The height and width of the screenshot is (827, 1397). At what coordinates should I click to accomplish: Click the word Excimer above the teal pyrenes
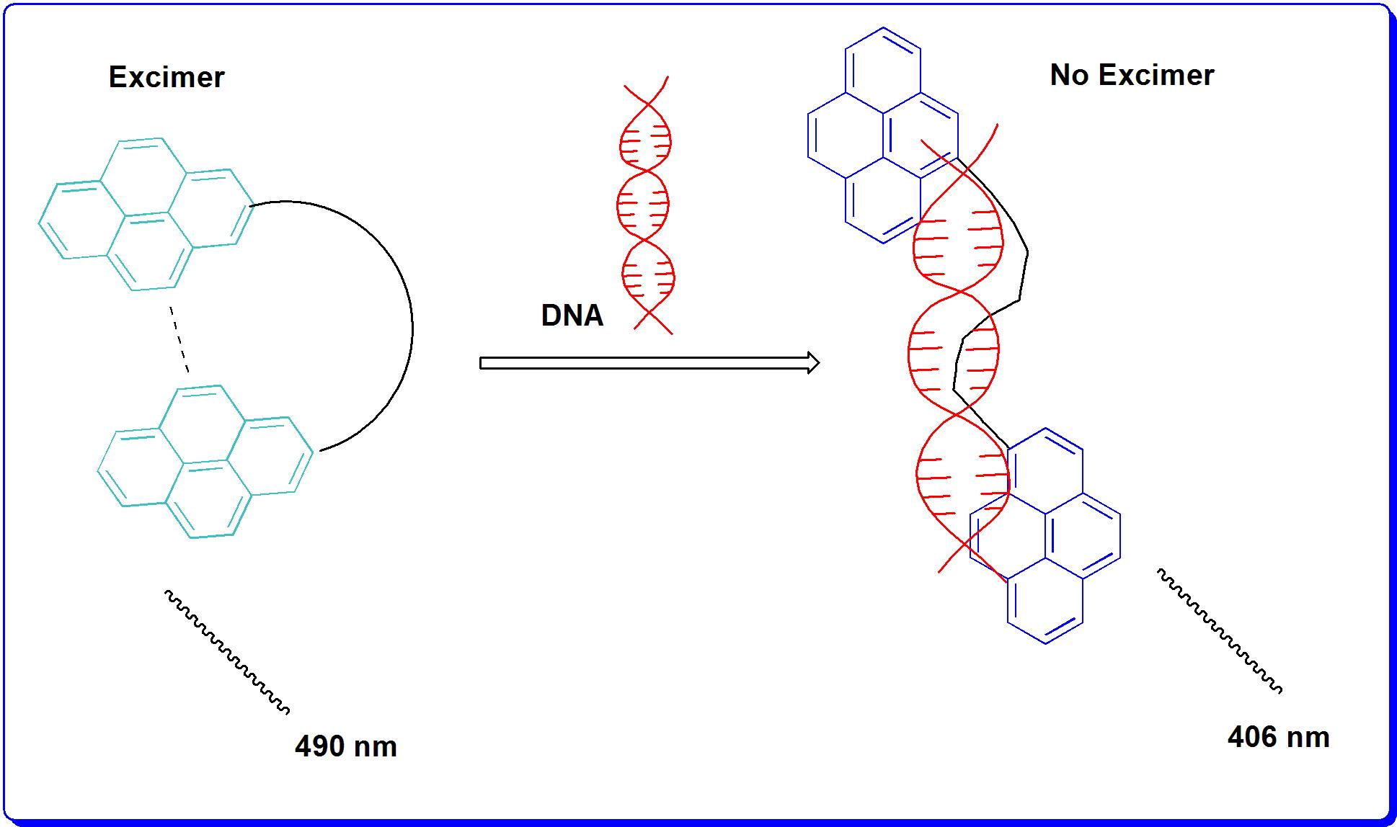coord(167,77)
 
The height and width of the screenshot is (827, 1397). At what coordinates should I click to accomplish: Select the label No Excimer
coord(1132,75)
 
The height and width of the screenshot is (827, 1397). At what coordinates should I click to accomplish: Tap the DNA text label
coord(572,316)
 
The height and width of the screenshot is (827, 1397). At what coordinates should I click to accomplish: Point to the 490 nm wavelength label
coord(345,746)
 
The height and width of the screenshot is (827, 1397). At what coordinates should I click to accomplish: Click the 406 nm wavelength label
coord(1278,737)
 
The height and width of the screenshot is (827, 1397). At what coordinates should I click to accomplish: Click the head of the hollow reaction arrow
coord(812,363)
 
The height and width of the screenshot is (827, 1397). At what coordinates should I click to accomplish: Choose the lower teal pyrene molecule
coord(205,462)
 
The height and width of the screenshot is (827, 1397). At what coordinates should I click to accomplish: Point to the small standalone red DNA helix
coord(647,205)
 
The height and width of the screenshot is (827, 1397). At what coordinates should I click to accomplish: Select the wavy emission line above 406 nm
coord(1219,630)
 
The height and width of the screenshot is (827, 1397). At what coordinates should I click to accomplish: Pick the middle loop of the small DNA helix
coord(643,205)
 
